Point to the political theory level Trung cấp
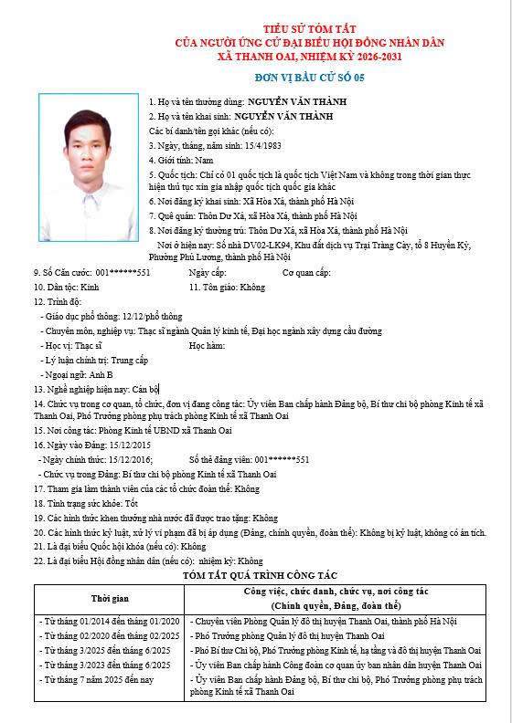pyautogui.click(x=131, y=360)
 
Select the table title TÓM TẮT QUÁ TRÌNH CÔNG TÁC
pyautogui.click(x=261, y=575)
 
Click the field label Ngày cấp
pyautogui.click(x=207, y=272)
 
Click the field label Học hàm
pyautogui.click(x=207, y=345)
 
